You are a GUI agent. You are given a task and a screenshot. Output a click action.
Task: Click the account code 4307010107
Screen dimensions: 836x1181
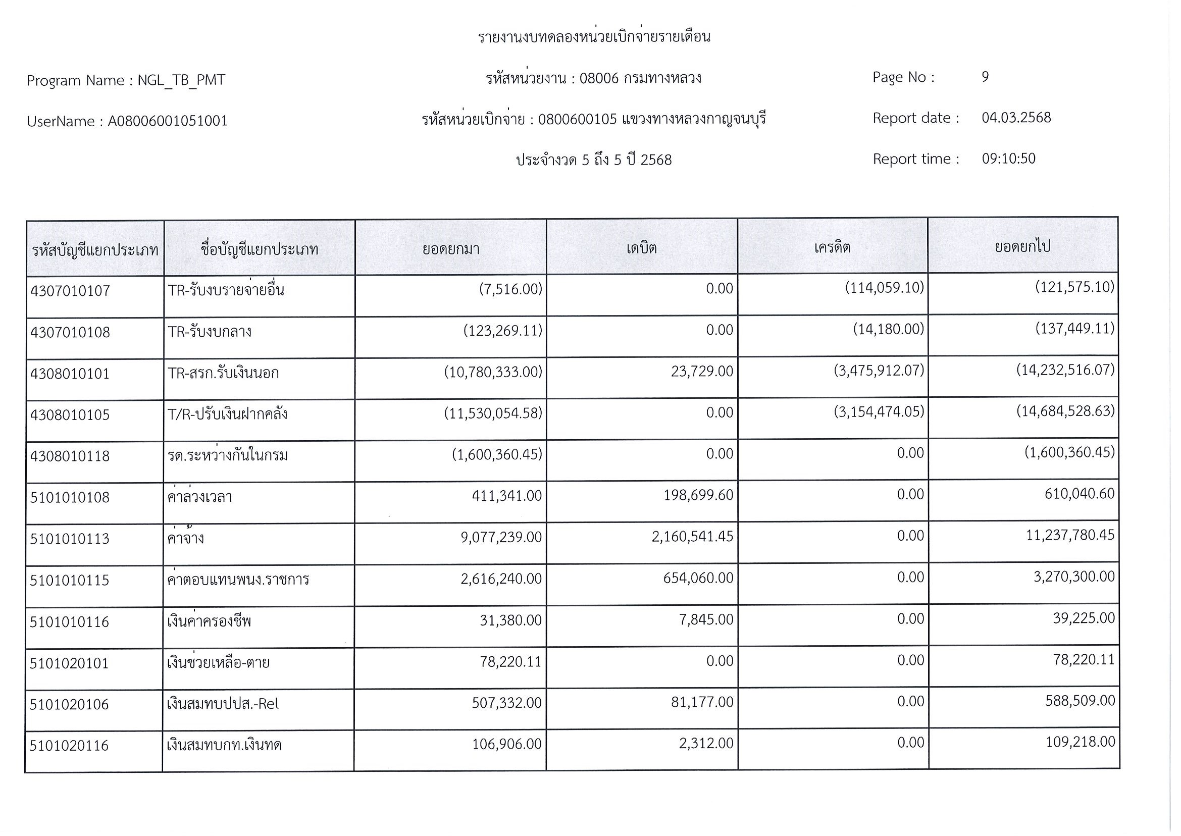70,291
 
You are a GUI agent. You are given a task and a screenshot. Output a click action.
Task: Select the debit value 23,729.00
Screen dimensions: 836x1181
702,371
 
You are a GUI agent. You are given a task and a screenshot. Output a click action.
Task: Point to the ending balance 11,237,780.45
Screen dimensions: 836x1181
1070,535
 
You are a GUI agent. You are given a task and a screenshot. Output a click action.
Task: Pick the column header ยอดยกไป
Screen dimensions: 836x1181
1022,246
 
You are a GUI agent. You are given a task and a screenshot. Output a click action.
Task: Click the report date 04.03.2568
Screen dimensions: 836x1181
1016,118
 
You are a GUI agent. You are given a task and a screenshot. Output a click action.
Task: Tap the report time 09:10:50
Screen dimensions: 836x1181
1008,159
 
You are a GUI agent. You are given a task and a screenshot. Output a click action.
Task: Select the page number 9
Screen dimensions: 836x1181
985,77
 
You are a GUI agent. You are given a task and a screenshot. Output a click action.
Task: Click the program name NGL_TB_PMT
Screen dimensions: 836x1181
181,80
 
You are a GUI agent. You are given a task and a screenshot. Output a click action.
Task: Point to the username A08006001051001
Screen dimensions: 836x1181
167,121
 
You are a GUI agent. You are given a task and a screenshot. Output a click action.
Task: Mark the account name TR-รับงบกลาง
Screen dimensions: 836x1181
210,332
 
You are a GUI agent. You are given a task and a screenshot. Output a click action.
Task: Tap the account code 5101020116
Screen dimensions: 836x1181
69,746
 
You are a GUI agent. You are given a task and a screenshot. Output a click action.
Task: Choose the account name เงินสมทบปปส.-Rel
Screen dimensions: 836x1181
222,704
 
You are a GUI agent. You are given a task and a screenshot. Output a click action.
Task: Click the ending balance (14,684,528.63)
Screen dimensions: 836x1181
1065,411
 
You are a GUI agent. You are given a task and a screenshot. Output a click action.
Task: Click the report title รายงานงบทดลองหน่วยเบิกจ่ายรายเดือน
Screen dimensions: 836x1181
594,37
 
